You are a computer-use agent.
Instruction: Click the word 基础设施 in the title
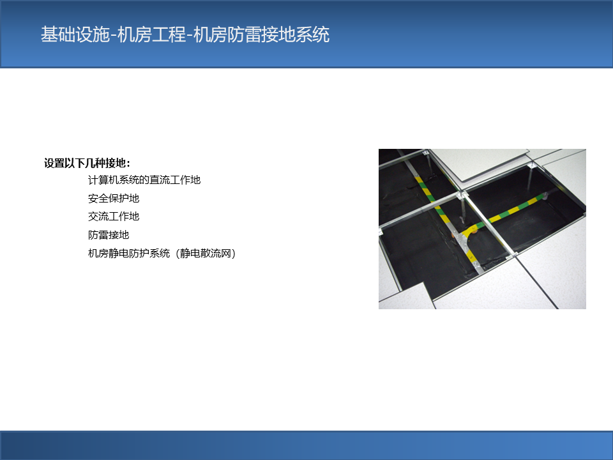pos(75,34)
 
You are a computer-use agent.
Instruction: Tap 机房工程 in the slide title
pos(151,34)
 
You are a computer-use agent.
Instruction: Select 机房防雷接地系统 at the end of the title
pos(261,34)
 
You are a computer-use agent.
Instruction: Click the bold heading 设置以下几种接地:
pos(87,163)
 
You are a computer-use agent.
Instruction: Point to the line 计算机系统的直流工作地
pos(144,180)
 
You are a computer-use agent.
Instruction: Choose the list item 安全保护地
pos(114,198)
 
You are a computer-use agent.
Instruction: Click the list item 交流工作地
pos(114,217)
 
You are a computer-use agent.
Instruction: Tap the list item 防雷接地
pos(109,234)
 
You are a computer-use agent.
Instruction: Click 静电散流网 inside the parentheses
pos(205,254)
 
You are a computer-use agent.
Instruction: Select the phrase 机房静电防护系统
pos(128,254)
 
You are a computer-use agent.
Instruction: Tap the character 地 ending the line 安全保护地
pos(134,198)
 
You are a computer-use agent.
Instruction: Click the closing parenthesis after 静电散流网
pos(234,254)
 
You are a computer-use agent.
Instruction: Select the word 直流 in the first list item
pos(160,180)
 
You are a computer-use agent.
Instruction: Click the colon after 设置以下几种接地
pos(128,164)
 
